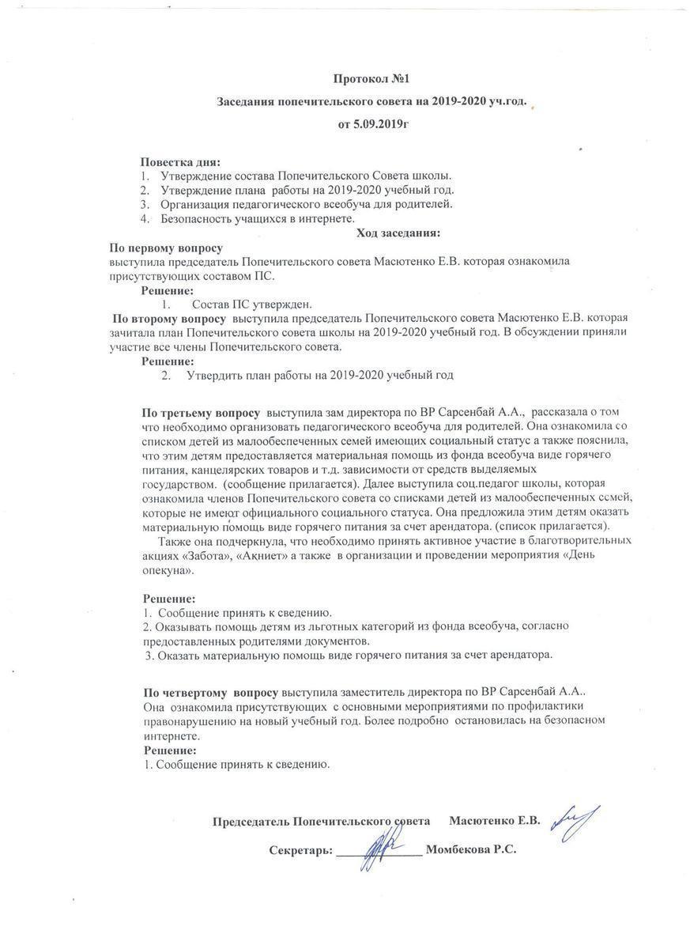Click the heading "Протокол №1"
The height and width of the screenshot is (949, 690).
tap(371, 79)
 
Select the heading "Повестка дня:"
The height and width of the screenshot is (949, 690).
tap(181, 161)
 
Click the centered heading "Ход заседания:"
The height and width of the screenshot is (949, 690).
tap(398, 233)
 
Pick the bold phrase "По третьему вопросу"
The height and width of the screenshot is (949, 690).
tap(201, 413)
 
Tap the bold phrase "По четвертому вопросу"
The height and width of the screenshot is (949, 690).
tap(210, 692)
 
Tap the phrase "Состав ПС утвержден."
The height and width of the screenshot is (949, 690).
tap(252, 304)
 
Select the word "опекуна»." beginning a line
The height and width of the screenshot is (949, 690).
tap(168, 569)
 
